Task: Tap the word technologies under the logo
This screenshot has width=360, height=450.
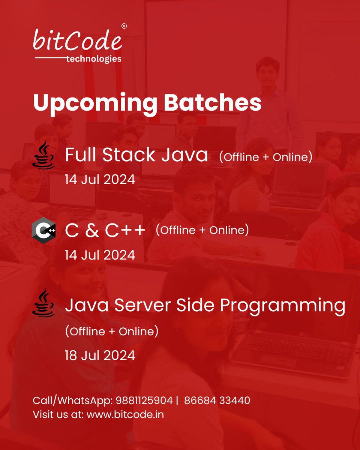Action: point(93,59)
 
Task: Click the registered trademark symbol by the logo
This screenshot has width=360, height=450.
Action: point(124,26)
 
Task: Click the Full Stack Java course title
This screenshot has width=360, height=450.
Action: point(136,155)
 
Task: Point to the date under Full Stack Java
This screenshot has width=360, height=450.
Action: point(100,179)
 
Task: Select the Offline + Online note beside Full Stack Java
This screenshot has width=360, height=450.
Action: point(265,157)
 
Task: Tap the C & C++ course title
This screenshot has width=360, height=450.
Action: point(105,231)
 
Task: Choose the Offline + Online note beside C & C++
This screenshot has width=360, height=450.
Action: point(202,230)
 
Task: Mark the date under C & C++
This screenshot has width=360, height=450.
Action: point(100,255)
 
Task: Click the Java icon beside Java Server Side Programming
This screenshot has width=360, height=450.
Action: point(44,303)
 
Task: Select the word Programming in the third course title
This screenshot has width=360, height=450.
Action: point(282,306)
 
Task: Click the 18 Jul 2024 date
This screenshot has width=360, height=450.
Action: point(100,355)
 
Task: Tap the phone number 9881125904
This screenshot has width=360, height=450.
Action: point(143,400)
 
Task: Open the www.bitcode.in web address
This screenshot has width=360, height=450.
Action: point(125,414)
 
